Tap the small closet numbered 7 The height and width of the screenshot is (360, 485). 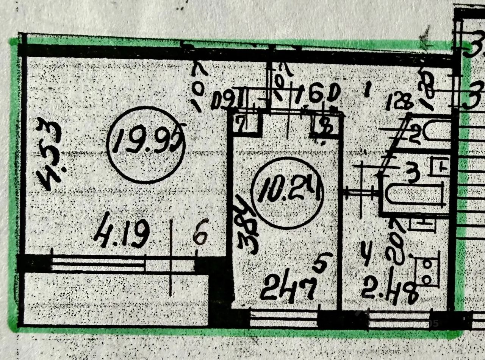tap(247, 124)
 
